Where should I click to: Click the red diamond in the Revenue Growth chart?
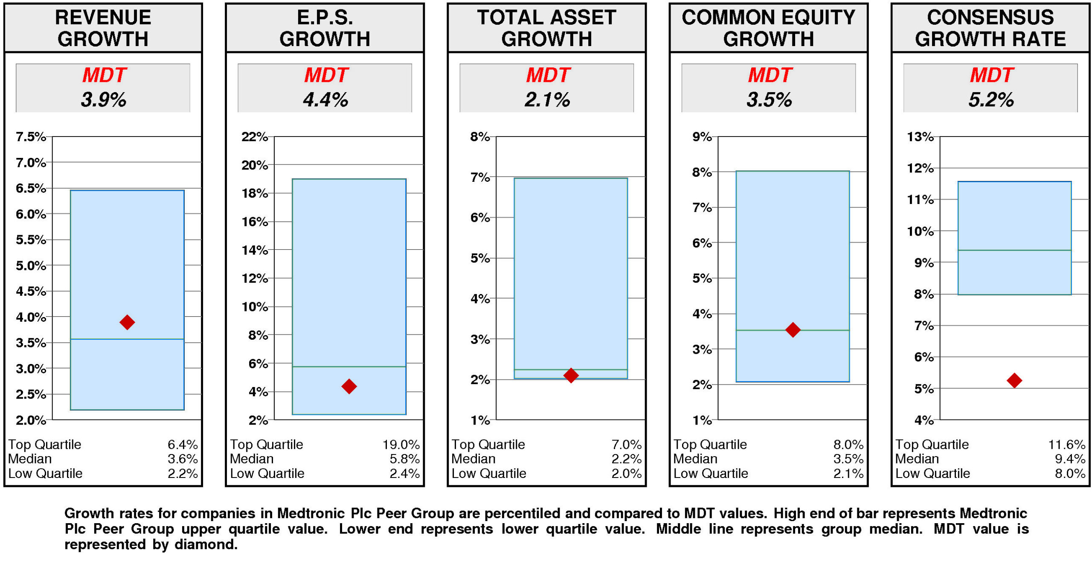coord(127,322)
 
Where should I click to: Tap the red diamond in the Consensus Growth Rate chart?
coord(1014,380)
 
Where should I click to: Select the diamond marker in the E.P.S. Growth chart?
coord(349,386)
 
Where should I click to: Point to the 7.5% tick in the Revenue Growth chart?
coord(31,137)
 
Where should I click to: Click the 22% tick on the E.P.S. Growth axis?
coord(254,137)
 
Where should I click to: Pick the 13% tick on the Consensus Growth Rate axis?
coord(920,137)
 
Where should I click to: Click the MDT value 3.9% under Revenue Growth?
coord(103,99)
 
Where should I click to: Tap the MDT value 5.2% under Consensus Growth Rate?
coord(990,99)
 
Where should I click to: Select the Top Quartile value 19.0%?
coord(401,444)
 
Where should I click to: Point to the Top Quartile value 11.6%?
coord(1066,444)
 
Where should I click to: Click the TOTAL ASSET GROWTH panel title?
coord(546,28)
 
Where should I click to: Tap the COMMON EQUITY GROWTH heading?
coord(768,28)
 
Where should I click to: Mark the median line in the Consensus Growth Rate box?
coord(1014,250)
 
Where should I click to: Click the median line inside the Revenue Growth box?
coord(127,339)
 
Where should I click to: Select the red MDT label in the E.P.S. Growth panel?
coord(326,75)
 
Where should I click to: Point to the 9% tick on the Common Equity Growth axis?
coord(701,137)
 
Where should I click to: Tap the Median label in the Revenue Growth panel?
coord(30,459)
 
